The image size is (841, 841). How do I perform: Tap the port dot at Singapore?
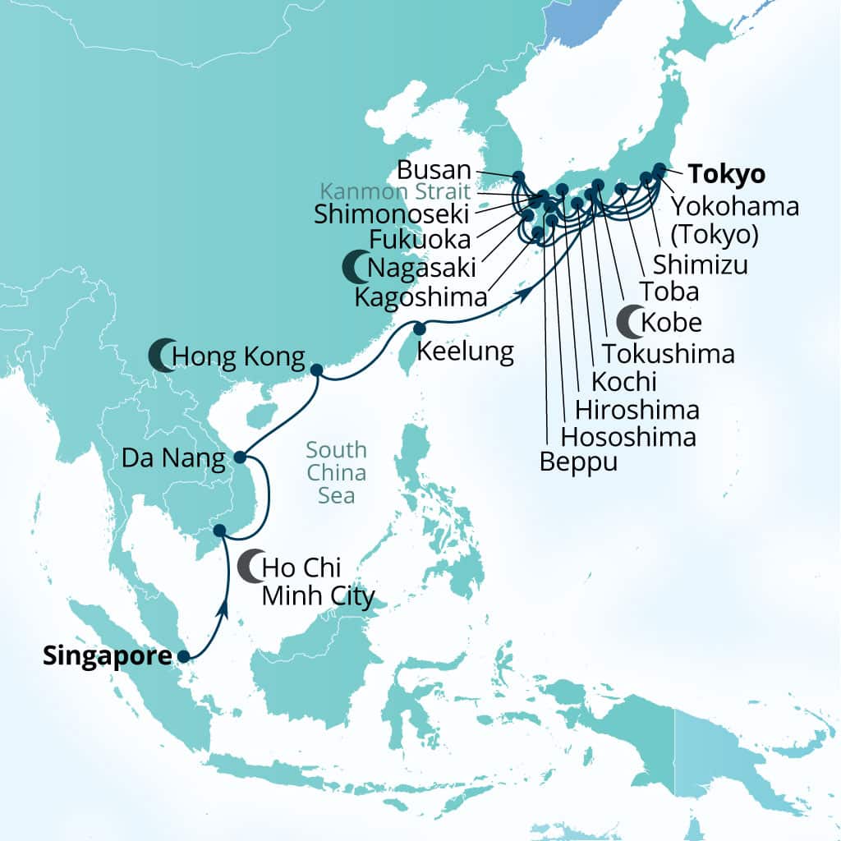pos(183,656)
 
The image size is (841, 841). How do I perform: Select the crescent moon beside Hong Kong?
pos(161,356)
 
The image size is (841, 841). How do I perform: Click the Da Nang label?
pos(174,459)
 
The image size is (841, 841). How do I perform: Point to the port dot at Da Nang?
pos(239,457)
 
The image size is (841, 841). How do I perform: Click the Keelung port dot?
pos(419,329)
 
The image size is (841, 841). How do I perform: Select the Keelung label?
pos(466,352)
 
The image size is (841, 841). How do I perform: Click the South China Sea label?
pos(336,473)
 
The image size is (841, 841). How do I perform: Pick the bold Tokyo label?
pos(727,174)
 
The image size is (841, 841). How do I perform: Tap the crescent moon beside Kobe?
pos(630,321)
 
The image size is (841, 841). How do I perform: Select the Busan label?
pos(434,171)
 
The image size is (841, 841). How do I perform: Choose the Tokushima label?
pos(668,353)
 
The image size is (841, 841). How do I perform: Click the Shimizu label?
pos(701,264)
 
